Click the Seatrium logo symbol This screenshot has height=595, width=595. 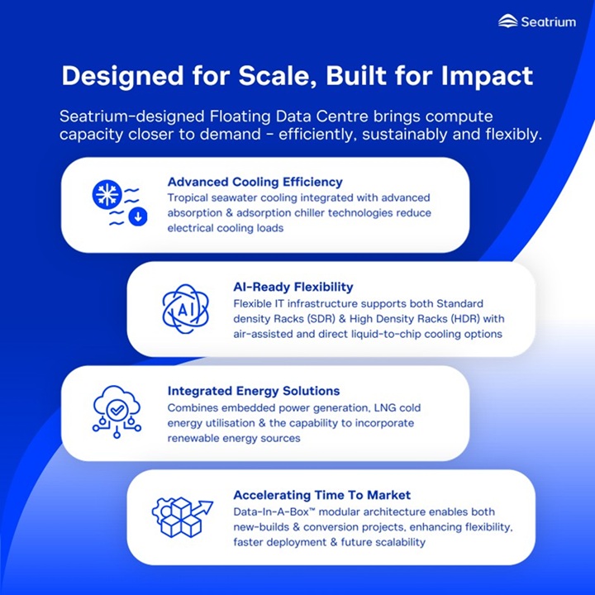(507, 21)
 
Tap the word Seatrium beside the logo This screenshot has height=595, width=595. (549, 21)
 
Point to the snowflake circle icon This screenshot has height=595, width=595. (107, 193)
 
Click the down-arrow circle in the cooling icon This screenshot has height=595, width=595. (138, 217)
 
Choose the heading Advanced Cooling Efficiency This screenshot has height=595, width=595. (255, 182)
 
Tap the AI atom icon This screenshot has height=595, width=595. (186, 309)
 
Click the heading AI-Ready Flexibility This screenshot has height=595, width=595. (293, 287)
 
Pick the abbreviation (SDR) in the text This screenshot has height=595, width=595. (321, 319)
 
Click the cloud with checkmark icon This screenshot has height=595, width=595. (117, 412)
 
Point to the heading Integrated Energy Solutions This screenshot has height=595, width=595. (254, 391)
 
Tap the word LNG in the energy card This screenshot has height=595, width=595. (385, 408)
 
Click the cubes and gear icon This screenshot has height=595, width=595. (182, 516)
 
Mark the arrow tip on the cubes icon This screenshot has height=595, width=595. (212, 502)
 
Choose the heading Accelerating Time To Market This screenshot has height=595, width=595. (321, 495)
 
